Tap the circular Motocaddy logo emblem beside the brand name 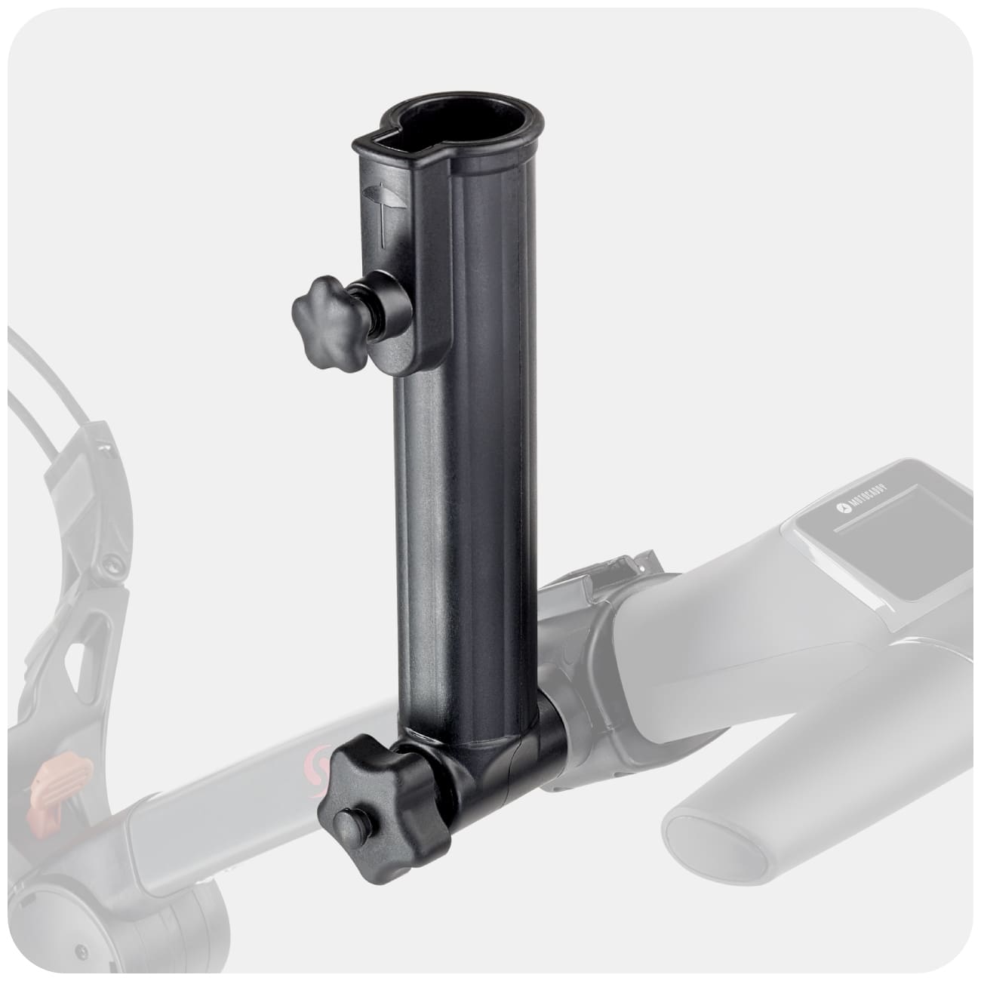[x=841, y=510]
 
